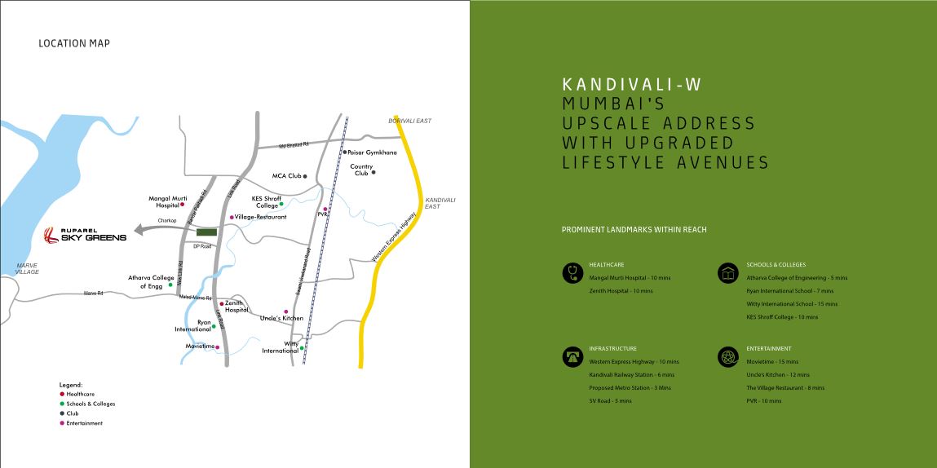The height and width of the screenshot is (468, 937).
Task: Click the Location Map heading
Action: click(74, 43)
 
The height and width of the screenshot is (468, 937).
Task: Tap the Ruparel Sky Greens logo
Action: click(86, 236)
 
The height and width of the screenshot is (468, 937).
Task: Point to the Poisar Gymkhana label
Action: click(372, 152)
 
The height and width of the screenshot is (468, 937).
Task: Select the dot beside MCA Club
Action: click(304, 175)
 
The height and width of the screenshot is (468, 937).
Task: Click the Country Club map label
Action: click(361, 170)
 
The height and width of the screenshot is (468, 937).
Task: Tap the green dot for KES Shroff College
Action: click(281, 204)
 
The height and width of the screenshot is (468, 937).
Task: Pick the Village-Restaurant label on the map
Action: click(260, 218)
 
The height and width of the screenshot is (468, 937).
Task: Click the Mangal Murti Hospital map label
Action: click(168, 201)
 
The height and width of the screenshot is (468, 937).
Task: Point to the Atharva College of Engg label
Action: click(147, 282)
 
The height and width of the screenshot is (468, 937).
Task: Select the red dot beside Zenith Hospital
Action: click(221, 303)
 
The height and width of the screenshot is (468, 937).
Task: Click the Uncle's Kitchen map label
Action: click(281, 318)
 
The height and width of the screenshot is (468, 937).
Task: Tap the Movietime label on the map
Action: click(199, 347)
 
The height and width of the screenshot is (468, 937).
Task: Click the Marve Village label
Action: click(28, 268)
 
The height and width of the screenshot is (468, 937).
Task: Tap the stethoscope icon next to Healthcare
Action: click(571, 272)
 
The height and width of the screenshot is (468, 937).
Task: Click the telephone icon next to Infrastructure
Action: click(571, 356)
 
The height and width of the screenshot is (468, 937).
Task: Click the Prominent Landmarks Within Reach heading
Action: click(634, 230)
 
